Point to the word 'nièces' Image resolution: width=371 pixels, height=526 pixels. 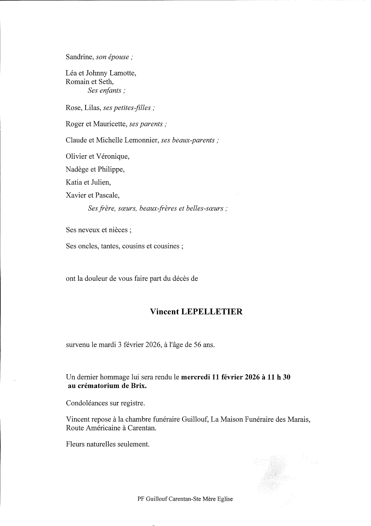(118, 230)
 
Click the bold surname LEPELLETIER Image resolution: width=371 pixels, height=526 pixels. (211, 312)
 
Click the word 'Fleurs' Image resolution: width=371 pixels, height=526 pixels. (75, 444)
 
